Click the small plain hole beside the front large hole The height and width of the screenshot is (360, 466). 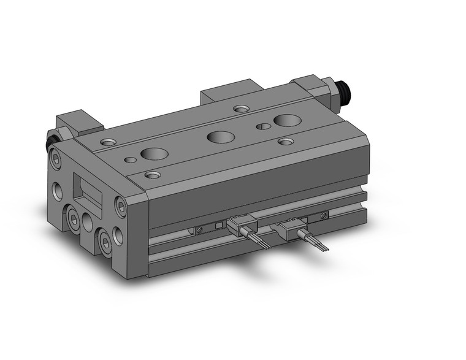pos(130,160)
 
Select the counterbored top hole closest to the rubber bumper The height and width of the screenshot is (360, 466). pos(108,143)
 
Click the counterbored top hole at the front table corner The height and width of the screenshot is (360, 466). pos(153,175)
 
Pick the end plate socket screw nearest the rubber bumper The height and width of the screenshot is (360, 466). pos(57,162)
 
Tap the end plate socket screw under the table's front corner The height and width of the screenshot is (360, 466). pos(120,206)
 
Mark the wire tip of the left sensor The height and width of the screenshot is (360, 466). pos(266,247)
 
